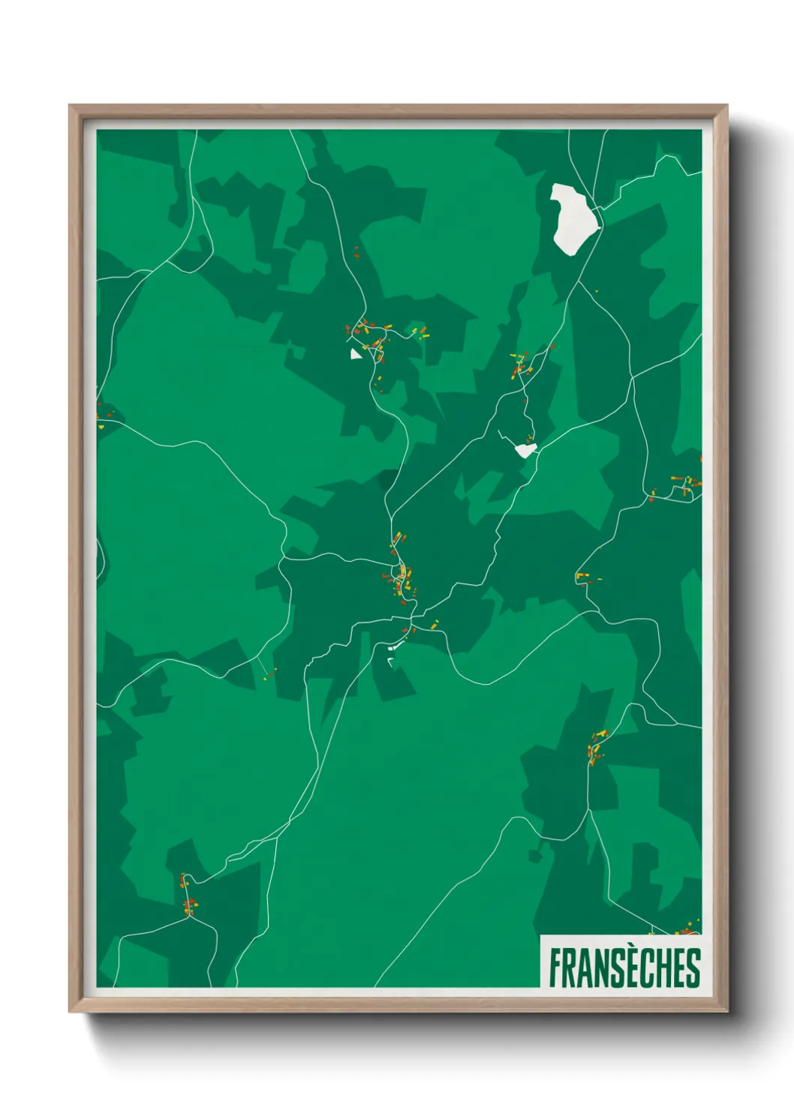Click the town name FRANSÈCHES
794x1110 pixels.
(x=624, y=967)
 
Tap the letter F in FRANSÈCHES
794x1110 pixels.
(x=556, y=968)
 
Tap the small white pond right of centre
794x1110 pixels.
(x=526, y=450)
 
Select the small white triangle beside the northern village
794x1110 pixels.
(x=356, y=353)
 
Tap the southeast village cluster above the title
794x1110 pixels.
(x=597, y=746)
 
